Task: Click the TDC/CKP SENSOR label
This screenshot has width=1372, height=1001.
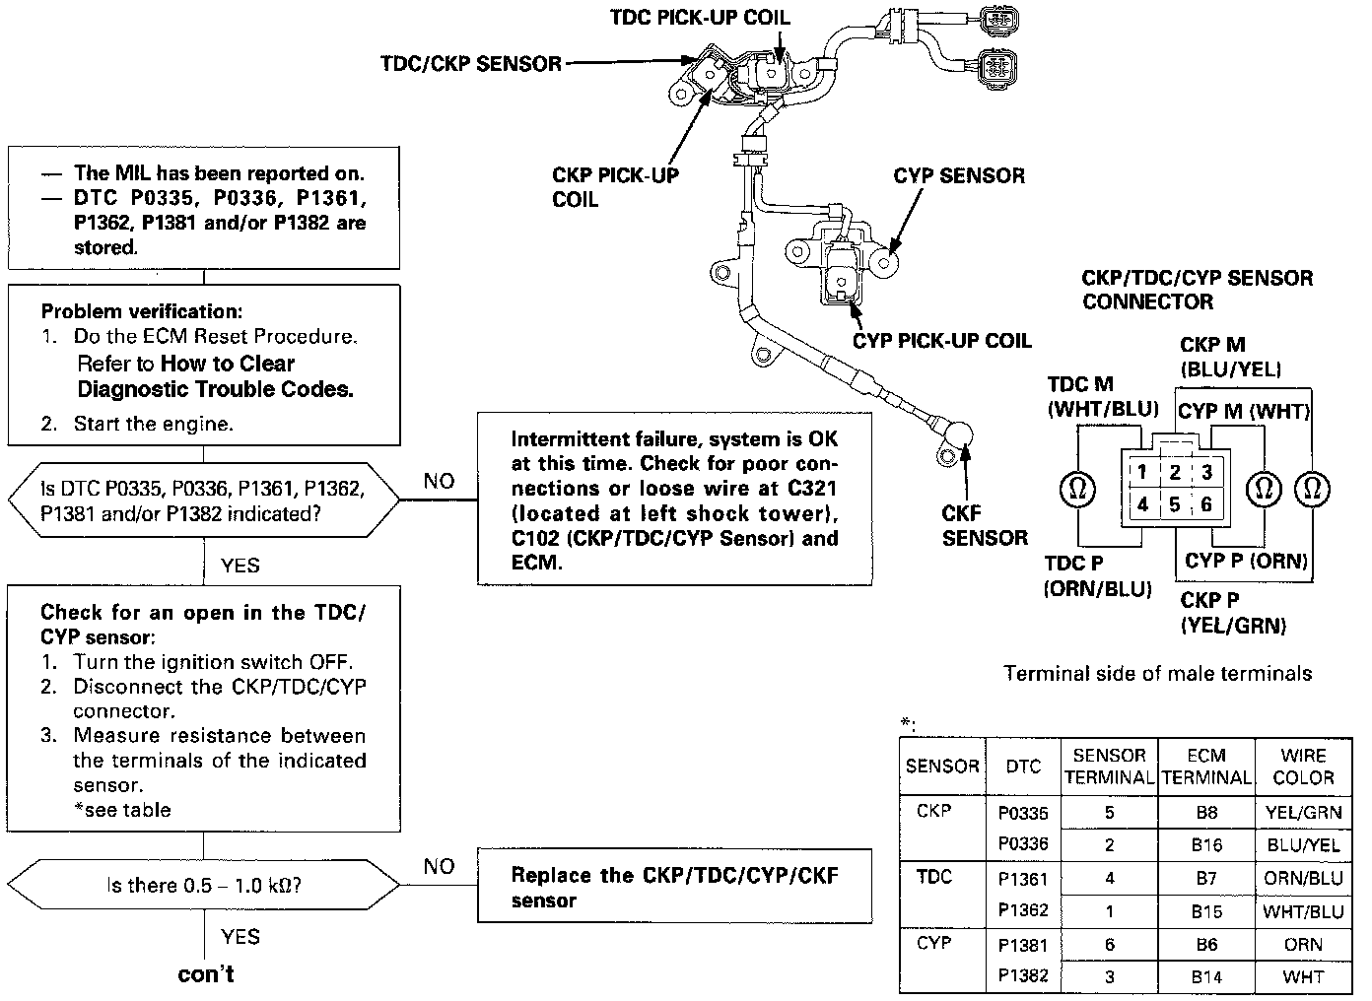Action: point(470,64)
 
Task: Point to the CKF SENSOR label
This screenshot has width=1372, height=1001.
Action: point(984,525)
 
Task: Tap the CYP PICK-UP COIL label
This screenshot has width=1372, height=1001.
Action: point(941,341)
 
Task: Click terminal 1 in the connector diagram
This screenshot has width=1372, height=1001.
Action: point(1141,473)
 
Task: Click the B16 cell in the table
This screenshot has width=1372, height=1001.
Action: point(1205,844)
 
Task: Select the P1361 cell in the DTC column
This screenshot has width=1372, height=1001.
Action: point(1022,879)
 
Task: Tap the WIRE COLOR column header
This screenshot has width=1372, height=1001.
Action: point(1303,767)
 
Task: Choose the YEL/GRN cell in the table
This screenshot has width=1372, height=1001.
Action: point(1303,813)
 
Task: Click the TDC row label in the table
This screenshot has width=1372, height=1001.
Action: point(933,877)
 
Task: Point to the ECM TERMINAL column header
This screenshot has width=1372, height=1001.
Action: point(1206,767)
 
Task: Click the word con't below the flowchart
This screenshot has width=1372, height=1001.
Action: point(205,974)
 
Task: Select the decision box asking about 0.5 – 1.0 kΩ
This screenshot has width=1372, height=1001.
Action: point(204,885)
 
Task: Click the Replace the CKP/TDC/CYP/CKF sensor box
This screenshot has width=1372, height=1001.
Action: point(674,887)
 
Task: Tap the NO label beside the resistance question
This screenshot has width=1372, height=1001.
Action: point(439,866)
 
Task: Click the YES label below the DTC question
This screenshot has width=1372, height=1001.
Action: point(240,565)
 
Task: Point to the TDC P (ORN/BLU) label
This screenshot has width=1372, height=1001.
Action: point(1097,576)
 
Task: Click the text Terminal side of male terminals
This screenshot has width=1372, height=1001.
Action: point(1157,674)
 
